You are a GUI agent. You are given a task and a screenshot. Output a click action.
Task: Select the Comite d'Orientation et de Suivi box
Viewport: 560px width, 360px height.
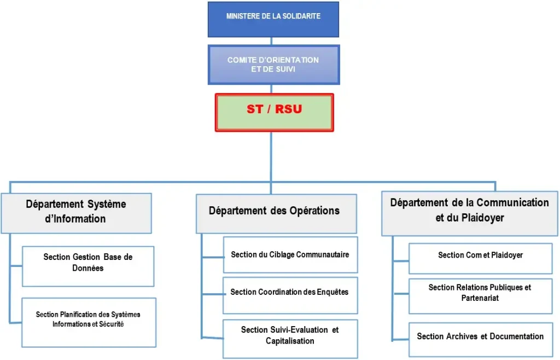(273, 65)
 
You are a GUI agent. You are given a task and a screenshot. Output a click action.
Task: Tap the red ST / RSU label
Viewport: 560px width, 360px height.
(274, 109)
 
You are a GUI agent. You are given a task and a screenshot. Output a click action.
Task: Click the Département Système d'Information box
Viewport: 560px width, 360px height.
(76, 212)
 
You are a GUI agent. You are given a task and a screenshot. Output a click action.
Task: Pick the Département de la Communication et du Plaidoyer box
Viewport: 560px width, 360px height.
(469, 211)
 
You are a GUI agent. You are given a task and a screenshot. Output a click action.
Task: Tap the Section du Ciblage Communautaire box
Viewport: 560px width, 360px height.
(290, 254)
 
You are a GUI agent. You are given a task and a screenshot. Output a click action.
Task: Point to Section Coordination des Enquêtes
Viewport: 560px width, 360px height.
(290, 292)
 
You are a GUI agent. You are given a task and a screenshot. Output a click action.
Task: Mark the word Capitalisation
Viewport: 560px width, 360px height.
(290, 341)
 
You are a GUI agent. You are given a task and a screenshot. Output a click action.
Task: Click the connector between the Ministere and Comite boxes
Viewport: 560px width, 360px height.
(272, 41)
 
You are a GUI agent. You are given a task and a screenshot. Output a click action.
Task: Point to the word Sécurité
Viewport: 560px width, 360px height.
(112, 324)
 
